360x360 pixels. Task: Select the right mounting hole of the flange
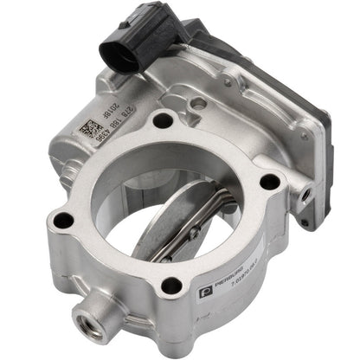[270, 182]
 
